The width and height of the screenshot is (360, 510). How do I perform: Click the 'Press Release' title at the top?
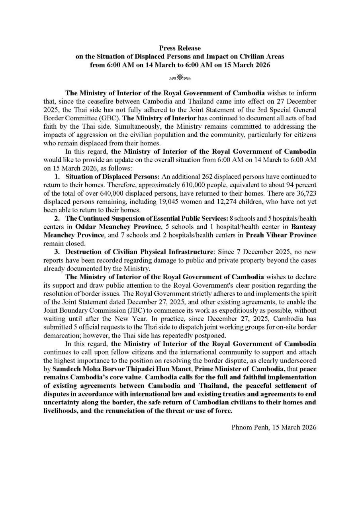[180, 48]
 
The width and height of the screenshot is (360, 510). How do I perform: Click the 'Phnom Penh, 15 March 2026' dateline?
[274, 427]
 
